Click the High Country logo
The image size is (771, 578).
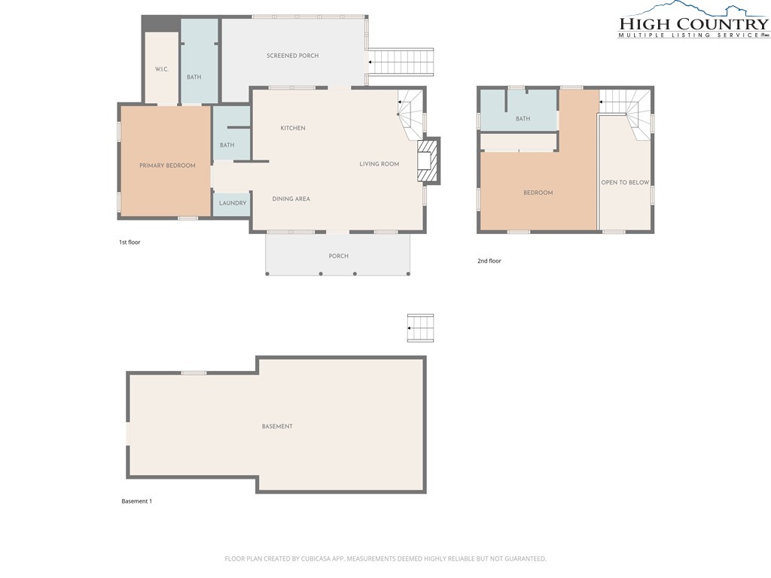point(693,20)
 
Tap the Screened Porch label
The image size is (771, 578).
point(293,56)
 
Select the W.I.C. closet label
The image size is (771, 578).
point(162,68)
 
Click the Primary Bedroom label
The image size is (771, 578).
point(167,166)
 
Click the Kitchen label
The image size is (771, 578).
point(293,128)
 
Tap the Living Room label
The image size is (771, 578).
point(379,163)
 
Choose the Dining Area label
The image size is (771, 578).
point(291,199)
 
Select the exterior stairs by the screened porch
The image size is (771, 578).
point(401,62)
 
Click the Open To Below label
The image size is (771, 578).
point(625,182)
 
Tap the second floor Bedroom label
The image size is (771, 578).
point(538,193)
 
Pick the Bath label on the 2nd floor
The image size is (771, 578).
point(523,118)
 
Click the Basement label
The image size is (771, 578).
point(277,426)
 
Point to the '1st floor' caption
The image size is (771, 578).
point(130,242)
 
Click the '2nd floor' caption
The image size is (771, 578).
point(489,261)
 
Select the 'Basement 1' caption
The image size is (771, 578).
point(137,501)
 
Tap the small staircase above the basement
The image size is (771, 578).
point(420,328)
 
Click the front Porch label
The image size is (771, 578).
point(338,256)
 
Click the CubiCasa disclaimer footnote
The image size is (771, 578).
point(385,558)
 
